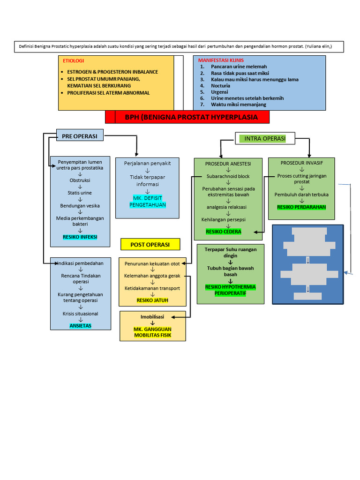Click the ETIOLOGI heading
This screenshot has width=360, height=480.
point(74,61)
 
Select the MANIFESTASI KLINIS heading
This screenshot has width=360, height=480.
point(221,60)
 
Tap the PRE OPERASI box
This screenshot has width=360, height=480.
point(80,136)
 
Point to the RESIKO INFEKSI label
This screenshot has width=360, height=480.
point(80,237)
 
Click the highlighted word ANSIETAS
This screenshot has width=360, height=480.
point(81,325)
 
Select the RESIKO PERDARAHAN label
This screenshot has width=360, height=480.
point(301,207)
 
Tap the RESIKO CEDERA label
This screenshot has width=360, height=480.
point(224,232)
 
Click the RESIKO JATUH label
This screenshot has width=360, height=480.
point(152,300)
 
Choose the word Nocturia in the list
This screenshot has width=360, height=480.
point(220,86)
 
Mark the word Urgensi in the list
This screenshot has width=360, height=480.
point(220,92)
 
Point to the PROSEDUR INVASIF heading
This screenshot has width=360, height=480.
point(301,163)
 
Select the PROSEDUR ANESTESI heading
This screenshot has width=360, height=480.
point(228,164)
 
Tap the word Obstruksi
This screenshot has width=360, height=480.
point(80,180)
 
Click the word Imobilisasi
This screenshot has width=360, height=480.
point(152,317)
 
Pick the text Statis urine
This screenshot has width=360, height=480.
point(80,193)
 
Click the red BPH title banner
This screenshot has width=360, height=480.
point(187,117)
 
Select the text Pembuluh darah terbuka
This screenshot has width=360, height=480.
point(301,195)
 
